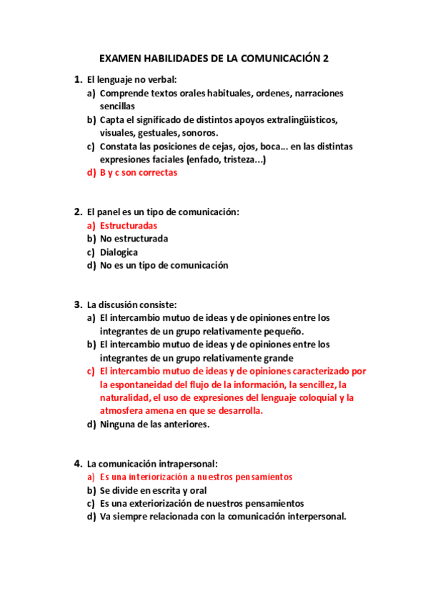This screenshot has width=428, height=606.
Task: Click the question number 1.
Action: tap(76, 79)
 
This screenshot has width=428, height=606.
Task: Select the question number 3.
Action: tap(76, 304)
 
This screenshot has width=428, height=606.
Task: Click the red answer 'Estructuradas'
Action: tap(129, 225)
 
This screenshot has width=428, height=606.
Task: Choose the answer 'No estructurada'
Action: tap(134, 239)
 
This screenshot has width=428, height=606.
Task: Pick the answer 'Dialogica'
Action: tap(119, 252)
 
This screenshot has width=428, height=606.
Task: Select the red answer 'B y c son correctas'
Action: tap(139, 172)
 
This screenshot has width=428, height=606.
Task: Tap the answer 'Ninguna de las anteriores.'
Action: tap(154, 424)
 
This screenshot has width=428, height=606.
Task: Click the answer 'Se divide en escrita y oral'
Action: tap(153, 490)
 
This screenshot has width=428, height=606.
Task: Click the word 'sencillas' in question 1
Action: tap(117, 106)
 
